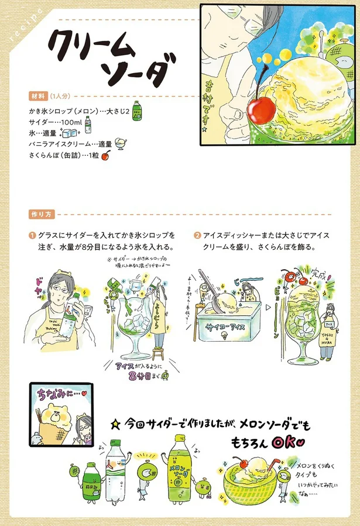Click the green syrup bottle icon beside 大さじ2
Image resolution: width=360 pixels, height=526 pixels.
point(136,109)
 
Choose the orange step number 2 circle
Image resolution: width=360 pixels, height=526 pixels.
point(197,236)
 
